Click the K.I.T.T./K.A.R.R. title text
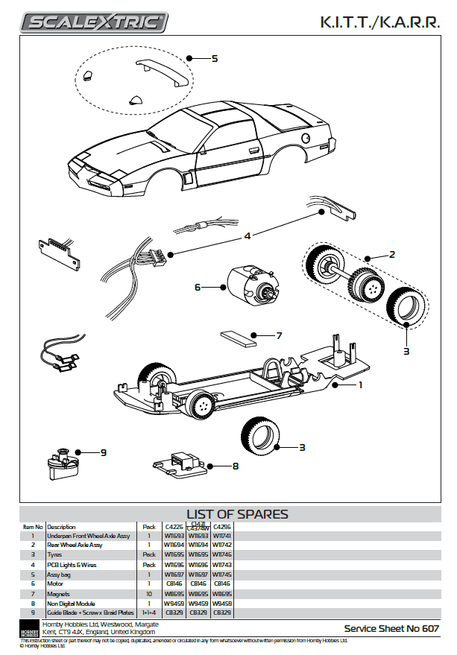tap(380, 23)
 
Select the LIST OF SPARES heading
tap(236, 514)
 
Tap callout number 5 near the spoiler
tap(214, 58)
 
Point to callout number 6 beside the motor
tap(198, 287)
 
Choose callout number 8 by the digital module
tap(236, 466)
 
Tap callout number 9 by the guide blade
tap(104, 452)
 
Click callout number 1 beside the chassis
tap(360, 385)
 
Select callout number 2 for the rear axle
tap(392, 254)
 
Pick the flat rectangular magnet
tap(239, 341)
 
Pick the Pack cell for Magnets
tap(149, 594)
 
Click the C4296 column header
tap(221, 526)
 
